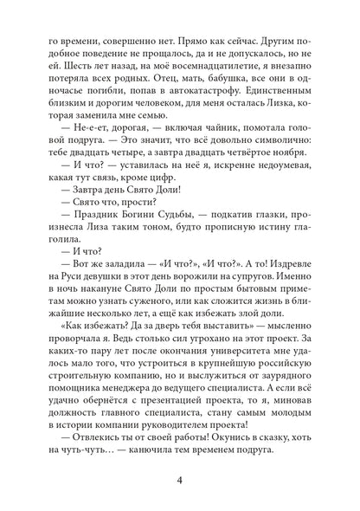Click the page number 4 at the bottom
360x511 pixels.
(179, 471)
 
